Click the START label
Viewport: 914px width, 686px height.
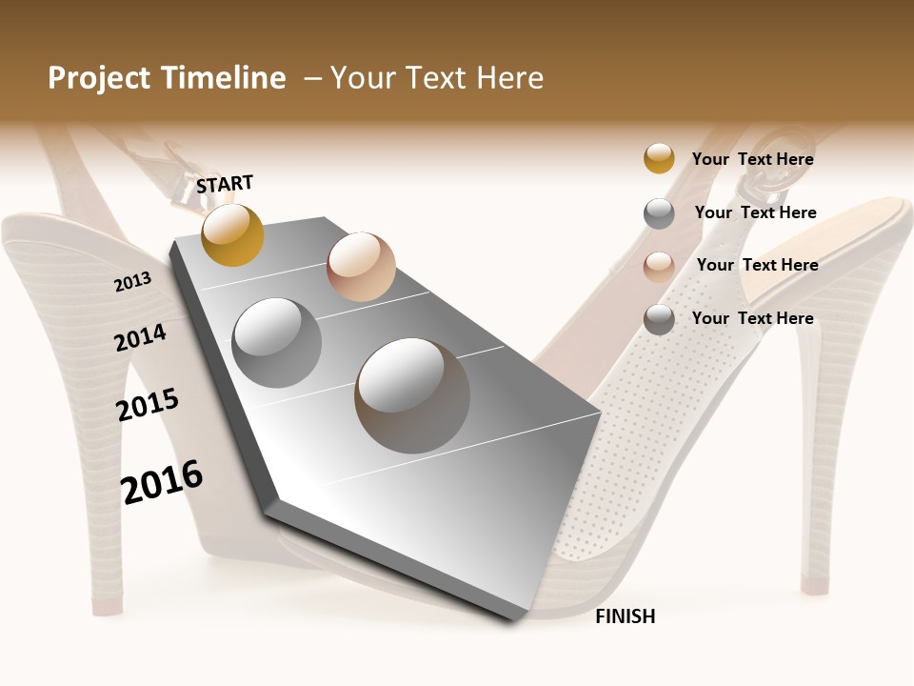coord(225,184)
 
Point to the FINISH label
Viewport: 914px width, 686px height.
coord(626,616)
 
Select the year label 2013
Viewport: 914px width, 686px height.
coord(133,281)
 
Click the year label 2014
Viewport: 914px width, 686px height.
coord(141,337)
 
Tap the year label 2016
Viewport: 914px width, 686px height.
coord(162,482)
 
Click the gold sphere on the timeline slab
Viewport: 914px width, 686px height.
coord(232,234)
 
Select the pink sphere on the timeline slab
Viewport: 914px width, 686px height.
coord(361,267)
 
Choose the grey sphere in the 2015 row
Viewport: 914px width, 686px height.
coord(277,343)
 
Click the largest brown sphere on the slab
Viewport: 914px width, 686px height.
coord(412,395)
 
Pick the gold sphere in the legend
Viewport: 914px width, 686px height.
coord(659,158)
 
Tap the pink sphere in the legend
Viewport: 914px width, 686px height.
coord(659,267)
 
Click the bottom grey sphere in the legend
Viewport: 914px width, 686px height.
coord(659,319)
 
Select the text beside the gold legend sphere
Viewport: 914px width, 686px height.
coord(752,159)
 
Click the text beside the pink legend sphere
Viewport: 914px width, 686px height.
coord(757,265)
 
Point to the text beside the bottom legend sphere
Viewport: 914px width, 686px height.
coord(752,318)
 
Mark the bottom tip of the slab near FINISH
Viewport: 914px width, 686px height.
coord(514,619)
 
